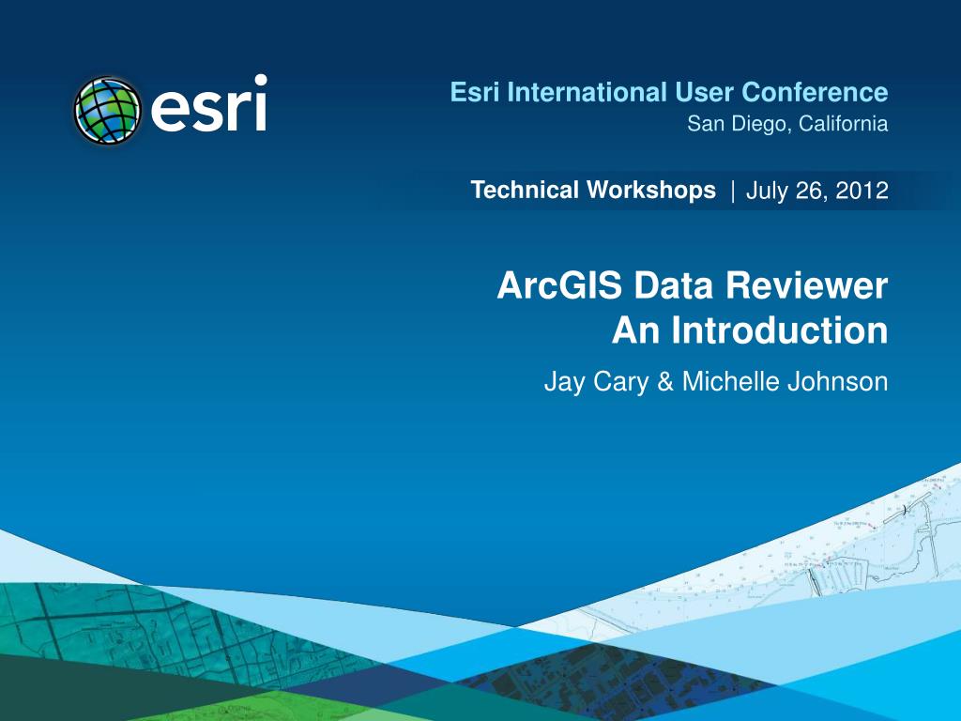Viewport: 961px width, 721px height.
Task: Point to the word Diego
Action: point(755,124)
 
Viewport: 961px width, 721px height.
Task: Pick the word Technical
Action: point(526,191)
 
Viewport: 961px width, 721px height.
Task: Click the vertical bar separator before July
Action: point(732,192)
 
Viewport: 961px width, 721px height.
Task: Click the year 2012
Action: point(863,192)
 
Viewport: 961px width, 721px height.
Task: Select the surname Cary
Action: point(621,382)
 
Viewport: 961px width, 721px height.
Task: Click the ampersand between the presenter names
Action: point(665,382)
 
